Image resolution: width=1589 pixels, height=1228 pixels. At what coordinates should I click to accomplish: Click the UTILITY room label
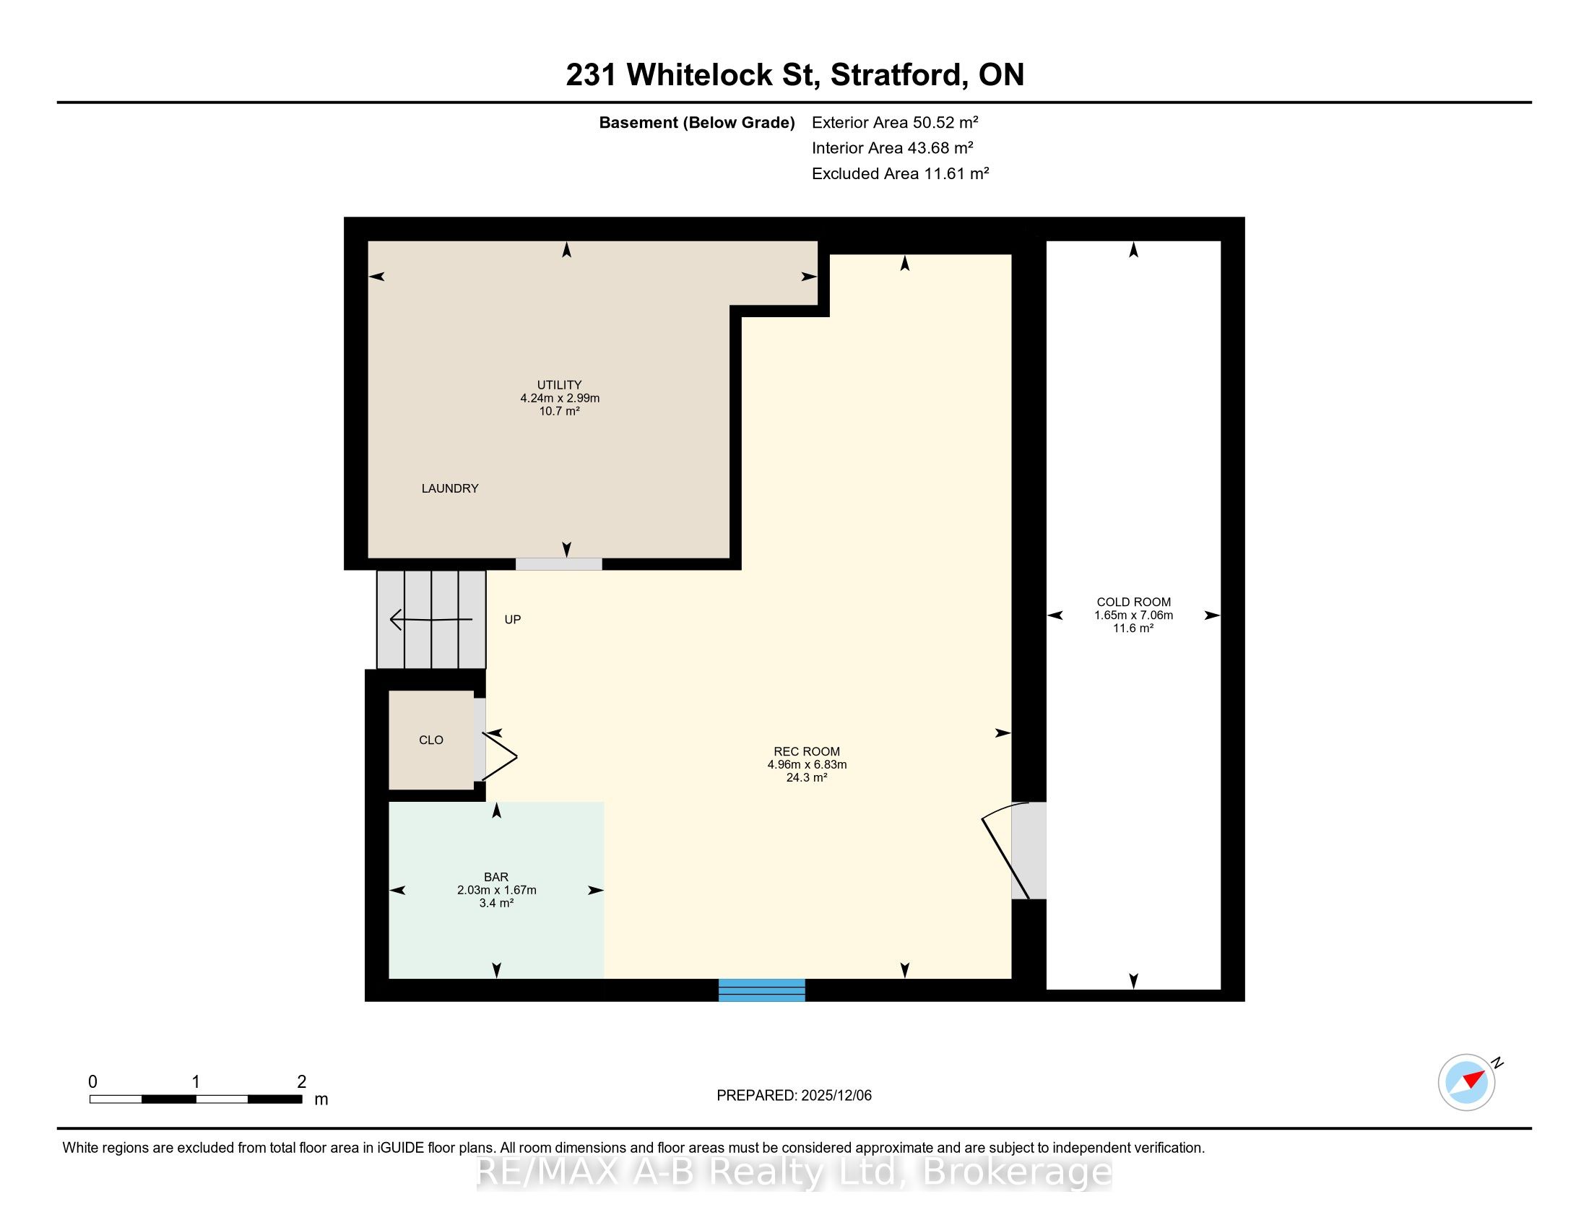tap(560, 385)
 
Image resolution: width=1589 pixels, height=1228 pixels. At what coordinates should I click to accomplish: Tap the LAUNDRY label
tap(450, 488)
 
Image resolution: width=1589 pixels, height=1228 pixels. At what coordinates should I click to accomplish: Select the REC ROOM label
tap(807, 751)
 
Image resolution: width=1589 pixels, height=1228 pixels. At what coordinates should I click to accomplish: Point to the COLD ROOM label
tap(1133, 602)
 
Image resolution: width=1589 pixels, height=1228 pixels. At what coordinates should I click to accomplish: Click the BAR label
tap(496, 878)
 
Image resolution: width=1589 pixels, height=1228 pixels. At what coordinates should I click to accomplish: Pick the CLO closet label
tap(430, 740)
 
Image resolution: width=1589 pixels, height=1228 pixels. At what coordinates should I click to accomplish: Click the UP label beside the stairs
tap(513, 620)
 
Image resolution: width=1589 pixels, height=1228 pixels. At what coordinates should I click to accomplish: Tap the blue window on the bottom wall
tap(762, 990)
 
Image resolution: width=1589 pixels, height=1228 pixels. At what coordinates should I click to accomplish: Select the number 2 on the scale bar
tap(301, 1082)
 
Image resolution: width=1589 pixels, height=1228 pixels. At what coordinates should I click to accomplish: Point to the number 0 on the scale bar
tap(92, 1082)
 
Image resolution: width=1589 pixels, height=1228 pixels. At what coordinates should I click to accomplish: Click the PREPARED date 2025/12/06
tap(835, 1096)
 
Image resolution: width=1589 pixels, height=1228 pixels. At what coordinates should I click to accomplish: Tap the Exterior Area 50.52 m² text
tap(895, 122)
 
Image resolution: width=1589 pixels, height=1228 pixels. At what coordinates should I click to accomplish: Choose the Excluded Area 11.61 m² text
tap(900, 173)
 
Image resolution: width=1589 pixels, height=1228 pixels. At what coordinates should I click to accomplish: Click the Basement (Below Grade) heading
tap(696, 122)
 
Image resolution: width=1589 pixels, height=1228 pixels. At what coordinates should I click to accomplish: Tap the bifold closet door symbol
tap(500, 756)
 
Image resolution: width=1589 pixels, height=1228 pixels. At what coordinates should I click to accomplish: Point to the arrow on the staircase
tap(431, 620)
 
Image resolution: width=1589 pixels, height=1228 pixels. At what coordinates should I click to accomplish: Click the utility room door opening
tap(559, 564)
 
